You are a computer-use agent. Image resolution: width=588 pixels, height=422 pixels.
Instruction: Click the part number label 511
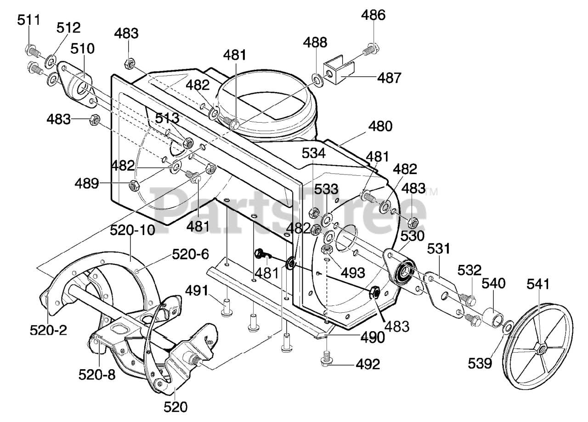coord(29,20)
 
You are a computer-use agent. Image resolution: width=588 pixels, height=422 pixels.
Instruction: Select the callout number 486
coord(373,15)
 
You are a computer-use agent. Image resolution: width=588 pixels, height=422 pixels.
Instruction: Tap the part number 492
coord(368,364)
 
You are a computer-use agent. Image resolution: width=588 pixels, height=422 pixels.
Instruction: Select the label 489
coord(87,183)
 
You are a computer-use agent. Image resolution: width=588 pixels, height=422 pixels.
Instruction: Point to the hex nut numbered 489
coord(134,186)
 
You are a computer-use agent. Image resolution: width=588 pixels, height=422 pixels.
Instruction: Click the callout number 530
coord(413,236)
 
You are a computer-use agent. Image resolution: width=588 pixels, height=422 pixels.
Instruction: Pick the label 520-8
coord(97,375)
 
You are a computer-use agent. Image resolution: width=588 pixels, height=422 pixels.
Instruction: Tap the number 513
coord(167,118)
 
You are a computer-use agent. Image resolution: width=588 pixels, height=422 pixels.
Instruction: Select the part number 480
coord(380,126)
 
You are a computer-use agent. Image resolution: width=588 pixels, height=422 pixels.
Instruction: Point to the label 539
coord(480,364)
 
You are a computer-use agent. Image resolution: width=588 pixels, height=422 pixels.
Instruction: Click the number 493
coord(353,273)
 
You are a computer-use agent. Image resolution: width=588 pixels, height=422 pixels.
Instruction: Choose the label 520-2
coord(48,330)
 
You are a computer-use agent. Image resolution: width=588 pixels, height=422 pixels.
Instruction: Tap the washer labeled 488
coord(318,80)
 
